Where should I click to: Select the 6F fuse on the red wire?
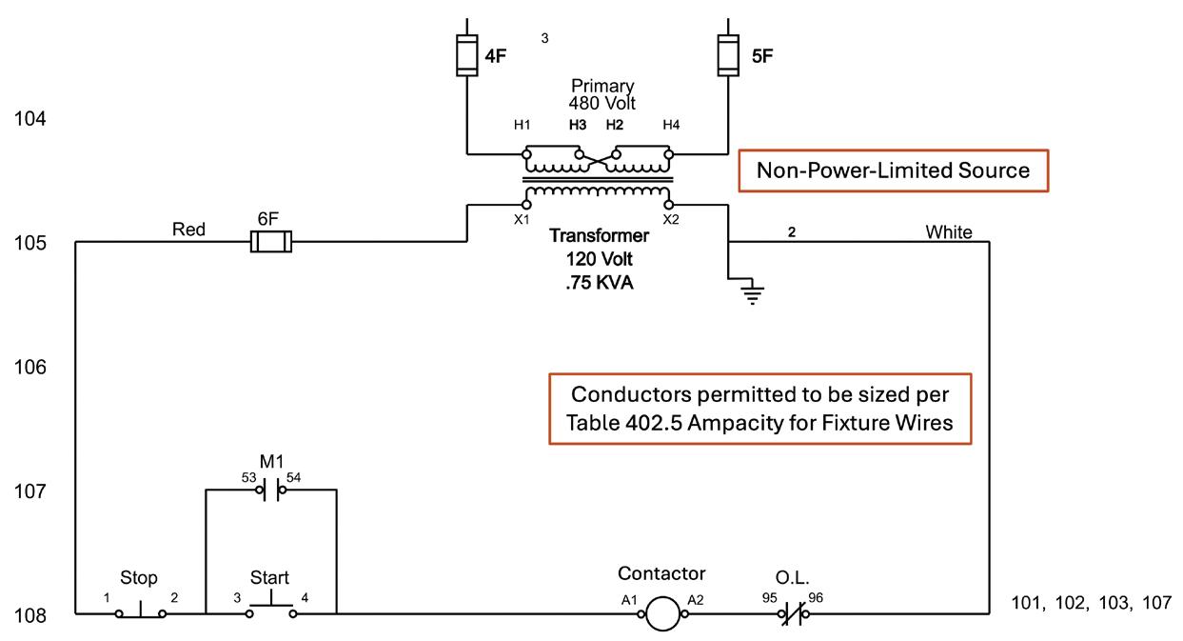(270, 243)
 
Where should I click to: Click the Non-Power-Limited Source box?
(893, 170)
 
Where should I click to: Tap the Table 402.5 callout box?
(760, 409)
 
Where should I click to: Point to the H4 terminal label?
(672, 125)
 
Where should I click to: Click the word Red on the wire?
(189, 230)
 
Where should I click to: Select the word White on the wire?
(948, 231)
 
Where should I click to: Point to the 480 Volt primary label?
(601, 103)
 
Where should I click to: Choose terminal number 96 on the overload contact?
(816, 597)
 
